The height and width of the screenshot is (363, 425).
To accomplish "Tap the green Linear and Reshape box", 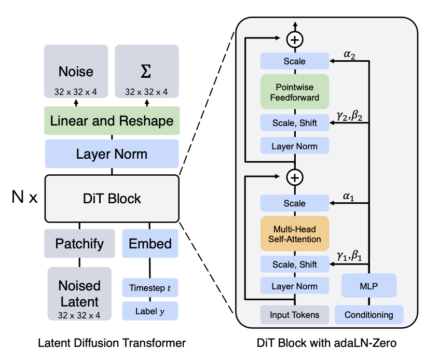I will pyautogui.click(x=112, y=121).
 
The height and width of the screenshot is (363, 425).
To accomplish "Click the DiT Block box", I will pyautogui.click(x=112, y=198).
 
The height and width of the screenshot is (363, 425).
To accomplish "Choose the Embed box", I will pyautogui.click(x=150, y=244).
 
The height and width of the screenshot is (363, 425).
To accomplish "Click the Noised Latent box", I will pyautogui.click(x=79, y=293).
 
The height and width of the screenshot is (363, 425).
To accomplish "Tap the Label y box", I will pyautogui.click(x=150, y=312).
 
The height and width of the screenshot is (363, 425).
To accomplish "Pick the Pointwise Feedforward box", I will pyautogui.click(x=295, y=91).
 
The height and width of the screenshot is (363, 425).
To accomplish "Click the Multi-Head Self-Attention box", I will pyautogui.click(x=295, y=233).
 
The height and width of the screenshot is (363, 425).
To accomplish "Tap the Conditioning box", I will pyautogui.click(x=369, y=314).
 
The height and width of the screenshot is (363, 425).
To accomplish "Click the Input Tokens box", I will pyautogui.click(x=295, y=314).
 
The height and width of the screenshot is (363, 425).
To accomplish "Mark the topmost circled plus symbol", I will pyautogui.click(x=295, y=39).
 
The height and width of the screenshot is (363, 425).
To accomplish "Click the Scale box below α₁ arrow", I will pyautogui.click(x=295, y=204).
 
